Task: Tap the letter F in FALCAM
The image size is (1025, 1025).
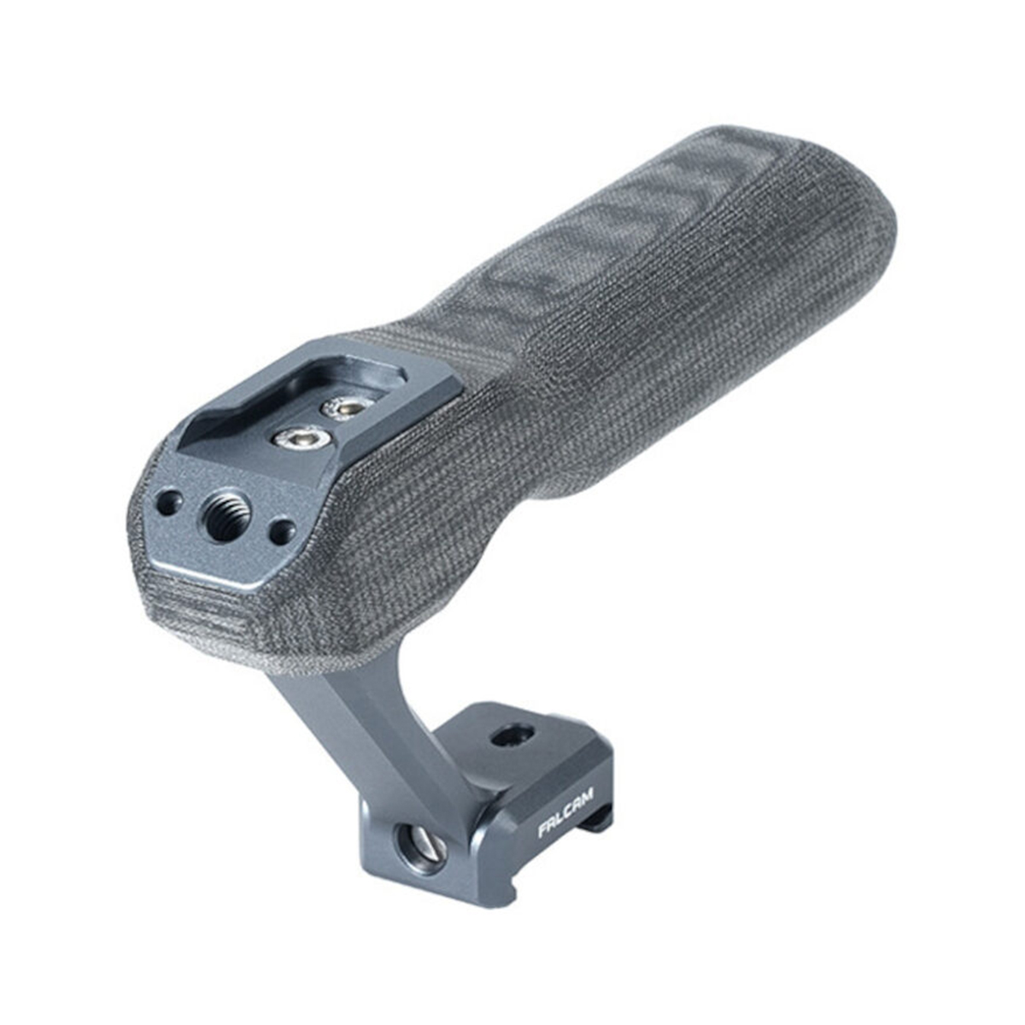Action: [x=544, y=830]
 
